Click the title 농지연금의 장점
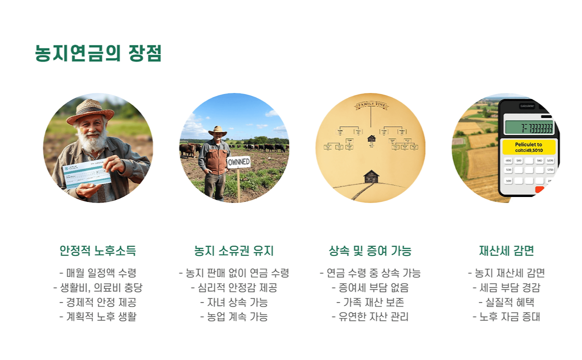click(x=98, y=53)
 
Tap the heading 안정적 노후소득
click(x=98, y=250)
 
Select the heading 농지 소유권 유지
click(x=234, y=250)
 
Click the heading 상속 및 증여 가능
click(x=370, y=250)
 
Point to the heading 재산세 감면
click(x=506, y=250)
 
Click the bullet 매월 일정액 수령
click(x=98, y=273)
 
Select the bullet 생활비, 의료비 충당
click(x=98, y=287)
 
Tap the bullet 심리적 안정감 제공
click(x=234, y=287)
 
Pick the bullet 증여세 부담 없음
click(x=370, y=287)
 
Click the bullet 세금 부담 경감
click(x=506, y=287)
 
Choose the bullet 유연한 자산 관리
click(x=370, y=316)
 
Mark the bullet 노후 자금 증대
click(x=506, y=316)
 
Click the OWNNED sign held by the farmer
click(x=239, y=162)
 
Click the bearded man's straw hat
click(x=90, y=111)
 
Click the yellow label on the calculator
click(x=529, y=147)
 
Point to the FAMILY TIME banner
click(x=371, y=105)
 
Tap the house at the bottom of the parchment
click(x=371, y=176)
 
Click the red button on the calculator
click(x=540, y=189)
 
